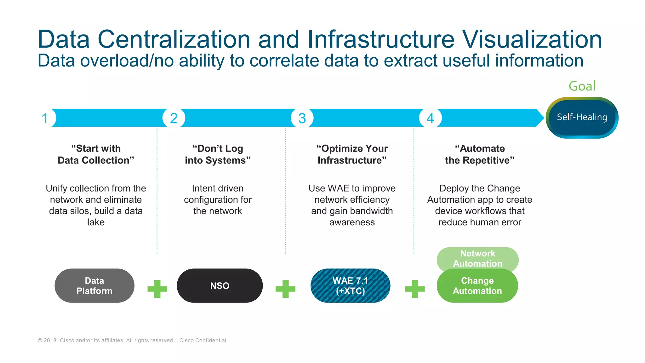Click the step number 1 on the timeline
click(x=45, y=118)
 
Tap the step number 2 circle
click(x=174, y=118)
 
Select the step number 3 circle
click(x=302, y=118)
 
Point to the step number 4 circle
click(x=430, y=118)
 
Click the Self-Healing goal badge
click(x=582, y=118)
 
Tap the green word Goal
click(x=582, y=86)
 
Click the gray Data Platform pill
click(x=94, y=286)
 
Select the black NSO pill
click(x=220, y=286)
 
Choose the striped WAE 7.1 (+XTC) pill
click(x=350, y=286)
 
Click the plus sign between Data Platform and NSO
click(x=157, y=289)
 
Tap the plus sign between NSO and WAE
click(x=285, y=289)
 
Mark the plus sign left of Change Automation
click(x=414, y=289)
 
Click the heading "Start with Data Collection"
click(x=96, y=154)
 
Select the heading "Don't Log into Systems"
click(x=218, y=154)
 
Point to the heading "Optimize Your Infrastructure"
click(x=352, y=154)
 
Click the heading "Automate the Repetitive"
click(x=480, y=154)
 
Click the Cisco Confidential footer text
click(x=203, y=340)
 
